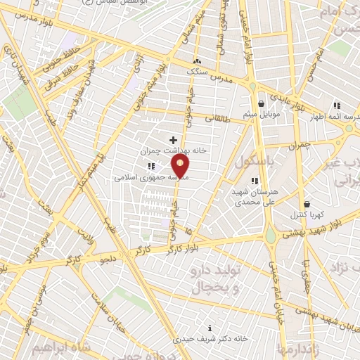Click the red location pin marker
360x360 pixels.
click(181, 167)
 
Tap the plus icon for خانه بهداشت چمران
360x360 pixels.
click(173, 140)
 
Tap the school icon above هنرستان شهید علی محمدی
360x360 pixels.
click(253, 181)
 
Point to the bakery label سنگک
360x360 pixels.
click(197, 71)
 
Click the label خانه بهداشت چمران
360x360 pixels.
click(166, 150)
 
